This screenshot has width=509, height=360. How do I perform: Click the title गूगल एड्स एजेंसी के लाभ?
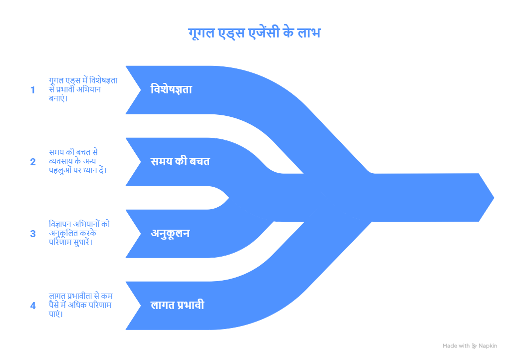pyautogui.click(x=254, y=33)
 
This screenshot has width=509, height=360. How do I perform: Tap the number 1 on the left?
pyautogui.click(x=33, y=90)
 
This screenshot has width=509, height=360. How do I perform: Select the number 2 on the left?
pyautogui.click(x=33, y=162)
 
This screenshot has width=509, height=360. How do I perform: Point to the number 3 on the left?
pyautogui.click(x=33, y=234)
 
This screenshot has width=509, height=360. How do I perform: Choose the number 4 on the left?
pyautogui.click(x=33, y=306)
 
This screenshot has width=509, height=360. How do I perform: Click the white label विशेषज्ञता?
pyautogui.click(x=171, y=90)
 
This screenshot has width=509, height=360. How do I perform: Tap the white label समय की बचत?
pyautogui.click(x=180, y=162)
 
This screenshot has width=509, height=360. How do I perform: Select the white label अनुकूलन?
pyautogui.click(x=170, y=234)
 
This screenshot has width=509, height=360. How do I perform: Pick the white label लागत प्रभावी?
pyautogui.click(x=177, y=306)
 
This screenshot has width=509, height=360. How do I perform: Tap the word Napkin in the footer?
pyautogui.click(x=488, y=346)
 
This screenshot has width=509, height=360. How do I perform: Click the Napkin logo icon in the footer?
pyautogui.click(x=474, y=346)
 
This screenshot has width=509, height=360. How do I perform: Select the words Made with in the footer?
pyautogui.click(x=456, y=346)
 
